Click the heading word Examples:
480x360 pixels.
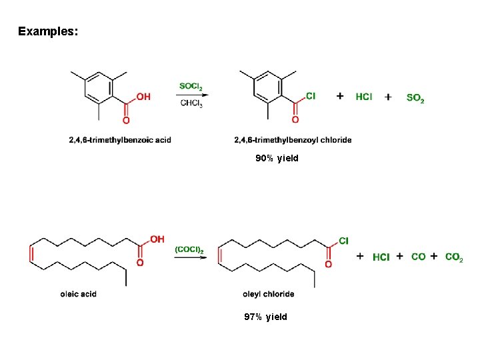click(x=48, y=31)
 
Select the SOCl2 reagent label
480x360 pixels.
click(x=191, y=86)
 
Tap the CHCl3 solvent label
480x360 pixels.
click(x=191, y=103)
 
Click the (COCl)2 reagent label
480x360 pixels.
click(x=189, y=249)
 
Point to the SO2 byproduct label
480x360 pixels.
click(x=415, y=98)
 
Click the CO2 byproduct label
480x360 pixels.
click(x=454, y=257)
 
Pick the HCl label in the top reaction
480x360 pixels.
click(x=364, y=97)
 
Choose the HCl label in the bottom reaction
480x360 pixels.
click(x=381, y=257)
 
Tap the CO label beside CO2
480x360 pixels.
click(x=419, y=257)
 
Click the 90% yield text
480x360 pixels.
click(x=277, y=159)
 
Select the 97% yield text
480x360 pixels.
click(x=265, y=317)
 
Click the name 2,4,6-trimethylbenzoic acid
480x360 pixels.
click(x=120, y=140)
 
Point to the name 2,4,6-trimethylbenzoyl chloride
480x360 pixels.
click(x=293, y=140)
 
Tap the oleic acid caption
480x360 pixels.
click(x=78, y=294)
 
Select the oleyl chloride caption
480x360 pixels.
click(x=269, y=294)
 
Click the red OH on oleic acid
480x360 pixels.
click(x=157, y=239)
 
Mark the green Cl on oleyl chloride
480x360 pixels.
click(x=344, y=240)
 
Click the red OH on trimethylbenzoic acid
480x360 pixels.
click(x=143, y=97)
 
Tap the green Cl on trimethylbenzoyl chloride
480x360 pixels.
click(x=311, y=96)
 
